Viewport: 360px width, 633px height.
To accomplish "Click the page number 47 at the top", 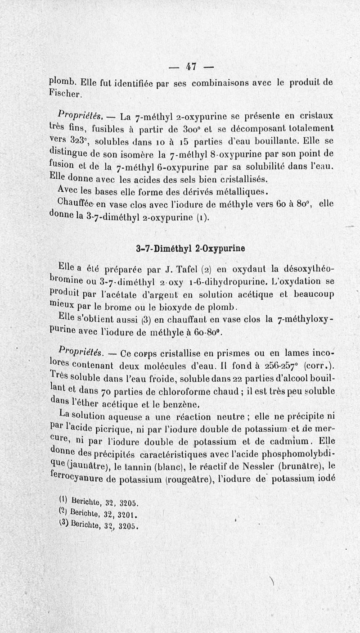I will pyautogui.click(x=191, y=67).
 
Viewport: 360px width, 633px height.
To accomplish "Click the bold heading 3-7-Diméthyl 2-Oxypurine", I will pyautogui.click(x=190, y=248).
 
